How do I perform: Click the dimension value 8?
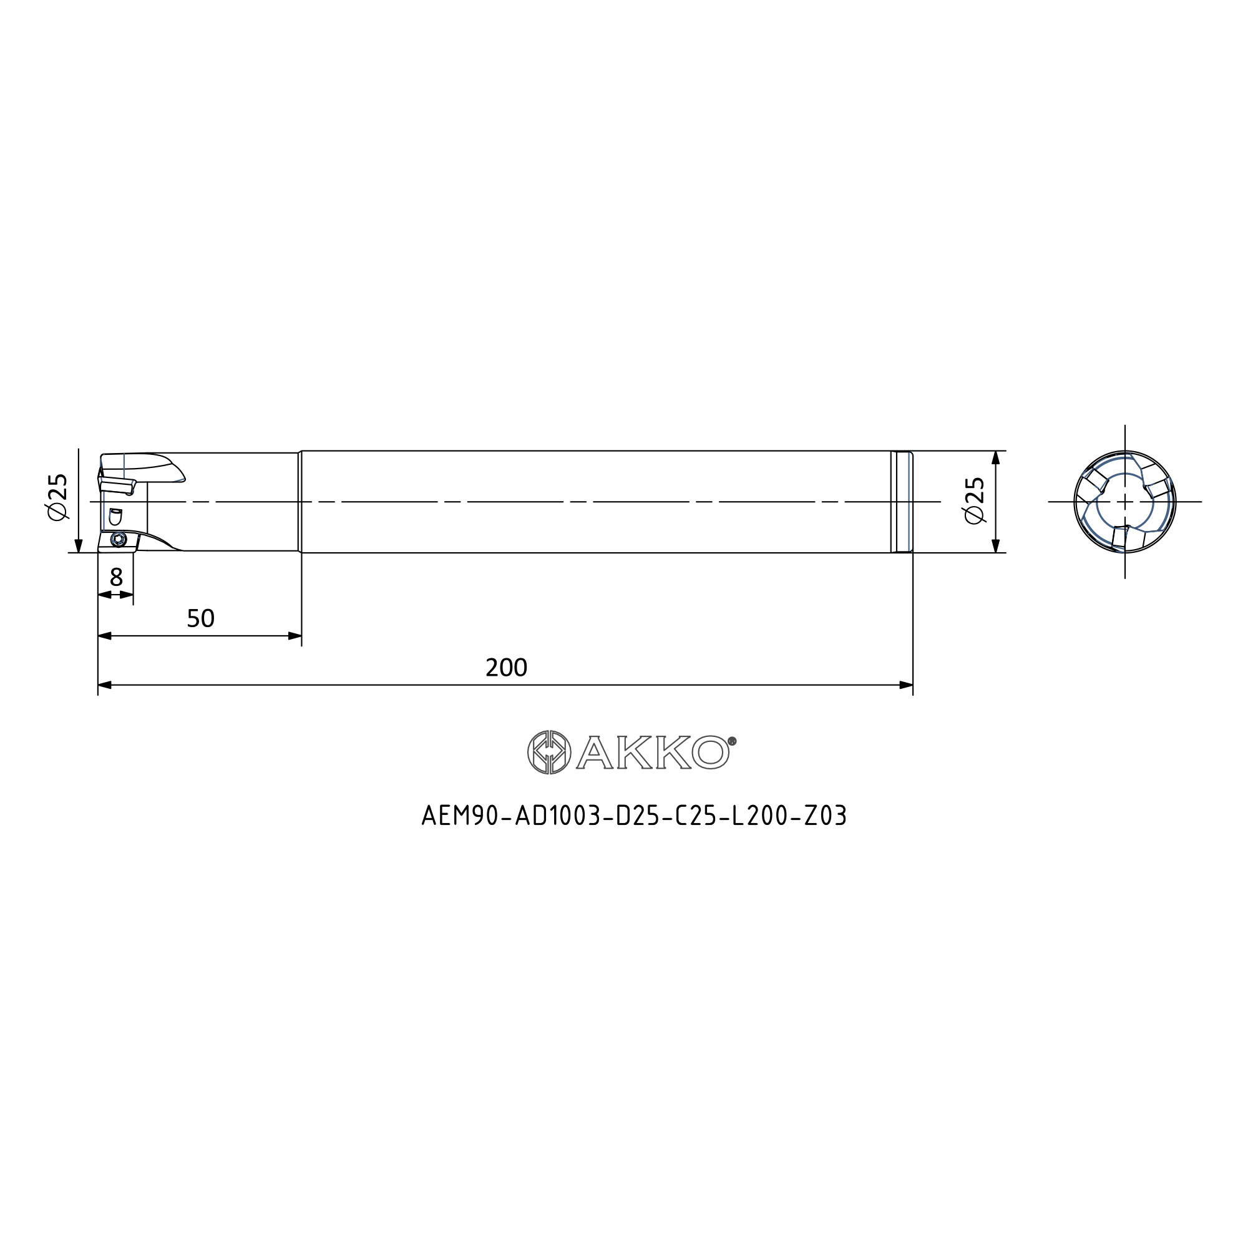[116, 577]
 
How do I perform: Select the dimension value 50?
[200, 619]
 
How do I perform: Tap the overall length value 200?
[507, 667]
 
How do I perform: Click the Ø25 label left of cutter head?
[57, 497]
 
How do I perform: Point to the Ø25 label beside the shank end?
[974, 500]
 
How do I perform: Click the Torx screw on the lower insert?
[118, 539]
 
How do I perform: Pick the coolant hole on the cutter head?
[115, 516]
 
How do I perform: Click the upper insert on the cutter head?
[116, 485]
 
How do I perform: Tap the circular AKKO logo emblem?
[549, 752]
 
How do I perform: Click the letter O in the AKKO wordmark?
[711, 753]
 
